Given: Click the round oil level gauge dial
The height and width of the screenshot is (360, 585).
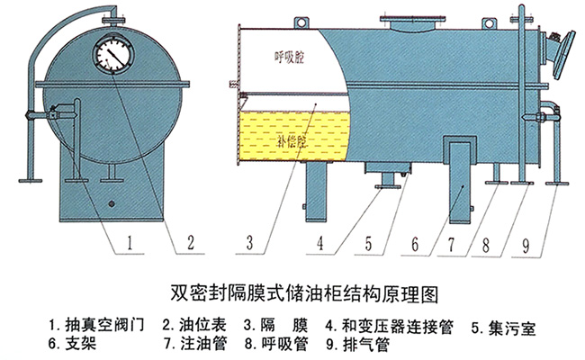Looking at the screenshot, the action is [112, 53].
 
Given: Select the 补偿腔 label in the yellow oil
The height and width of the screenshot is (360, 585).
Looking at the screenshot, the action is [292, 141].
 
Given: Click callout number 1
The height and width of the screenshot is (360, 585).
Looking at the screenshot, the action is [130, 243].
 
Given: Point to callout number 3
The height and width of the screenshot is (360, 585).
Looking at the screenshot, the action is [249, 243].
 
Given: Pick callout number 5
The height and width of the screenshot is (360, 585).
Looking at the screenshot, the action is [369, 243].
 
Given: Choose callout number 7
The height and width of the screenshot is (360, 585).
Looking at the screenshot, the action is [452, 245].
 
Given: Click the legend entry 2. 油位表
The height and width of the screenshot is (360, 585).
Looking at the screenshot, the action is [194, 325].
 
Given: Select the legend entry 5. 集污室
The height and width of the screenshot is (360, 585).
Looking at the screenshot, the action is [504, 328].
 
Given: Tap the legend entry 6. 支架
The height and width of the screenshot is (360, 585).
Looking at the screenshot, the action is [72, 344].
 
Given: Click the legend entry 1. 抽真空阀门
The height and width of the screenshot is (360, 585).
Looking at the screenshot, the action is [96, 325].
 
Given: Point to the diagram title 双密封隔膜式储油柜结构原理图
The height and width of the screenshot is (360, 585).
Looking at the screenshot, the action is [304, 294].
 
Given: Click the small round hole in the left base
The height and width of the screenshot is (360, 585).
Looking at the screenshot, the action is [111, 203].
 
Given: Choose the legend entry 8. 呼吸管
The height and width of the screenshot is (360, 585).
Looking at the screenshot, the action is [276, 344].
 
